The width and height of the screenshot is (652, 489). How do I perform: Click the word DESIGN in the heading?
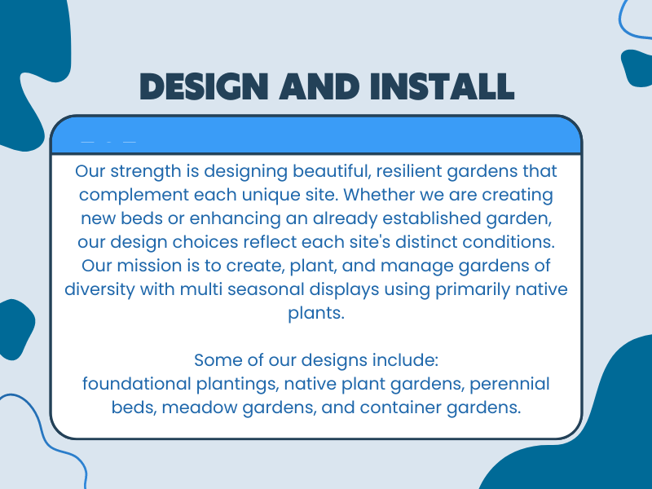(x=205, y=87)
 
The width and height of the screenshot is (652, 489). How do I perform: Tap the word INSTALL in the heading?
(x=442, y=87)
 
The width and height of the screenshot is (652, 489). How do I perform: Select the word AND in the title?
(x=319, y=87)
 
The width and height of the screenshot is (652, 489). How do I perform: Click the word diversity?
(x=99, y=289)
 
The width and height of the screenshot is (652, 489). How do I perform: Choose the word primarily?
(x=473, y=289)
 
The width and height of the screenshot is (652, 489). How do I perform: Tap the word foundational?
(x=136, y=384)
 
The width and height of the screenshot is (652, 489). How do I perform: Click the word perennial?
(x=510, y=384)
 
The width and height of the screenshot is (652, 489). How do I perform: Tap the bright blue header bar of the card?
(x=316, y=135)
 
